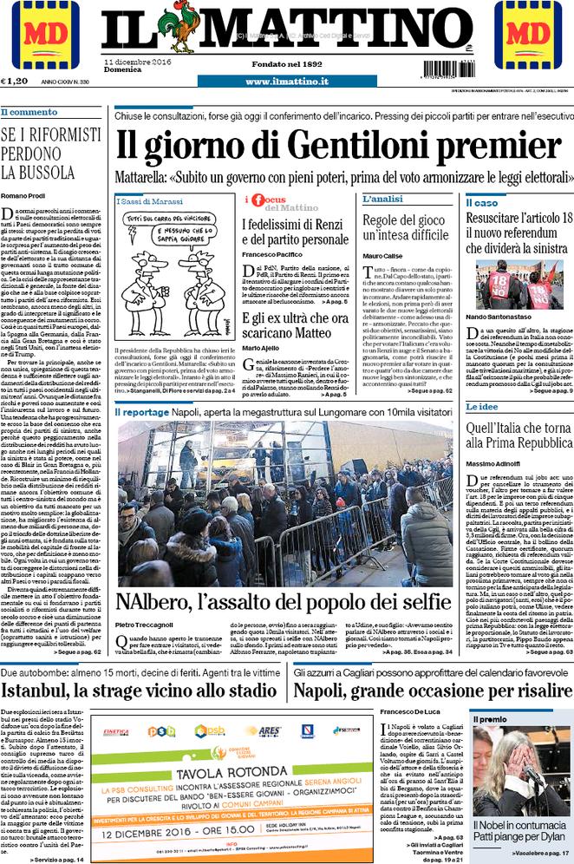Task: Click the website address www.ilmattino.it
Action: click(x=286, y=82)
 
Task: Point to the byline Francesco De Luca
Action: click(x=409, y=712)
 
